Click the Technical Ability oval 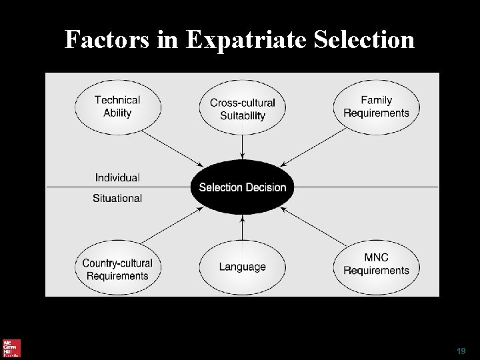point(117,107)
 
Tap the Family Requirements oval point(376,107)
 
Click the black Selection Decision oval point(242,187)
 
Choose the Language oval point(242,267)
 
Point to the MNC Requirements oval point(376,264)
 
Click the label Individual point(117,177)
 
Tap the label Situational point(117,198)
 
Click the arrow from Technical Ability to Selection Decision point(172,147)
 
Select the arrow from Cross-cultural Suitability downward point(242,147)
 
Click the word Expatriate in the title point(246,41)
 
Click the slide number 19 point(461,351)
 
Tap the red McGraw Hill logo point(11,348)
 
